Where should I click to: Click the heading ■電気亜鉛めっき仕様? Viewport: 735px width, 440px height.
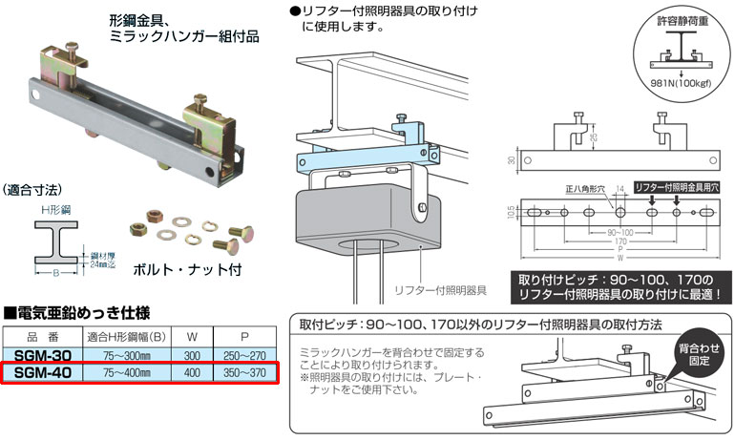pos(77,313)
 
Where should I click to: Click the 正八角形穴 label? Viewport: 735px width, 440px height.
pos(582,190)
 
